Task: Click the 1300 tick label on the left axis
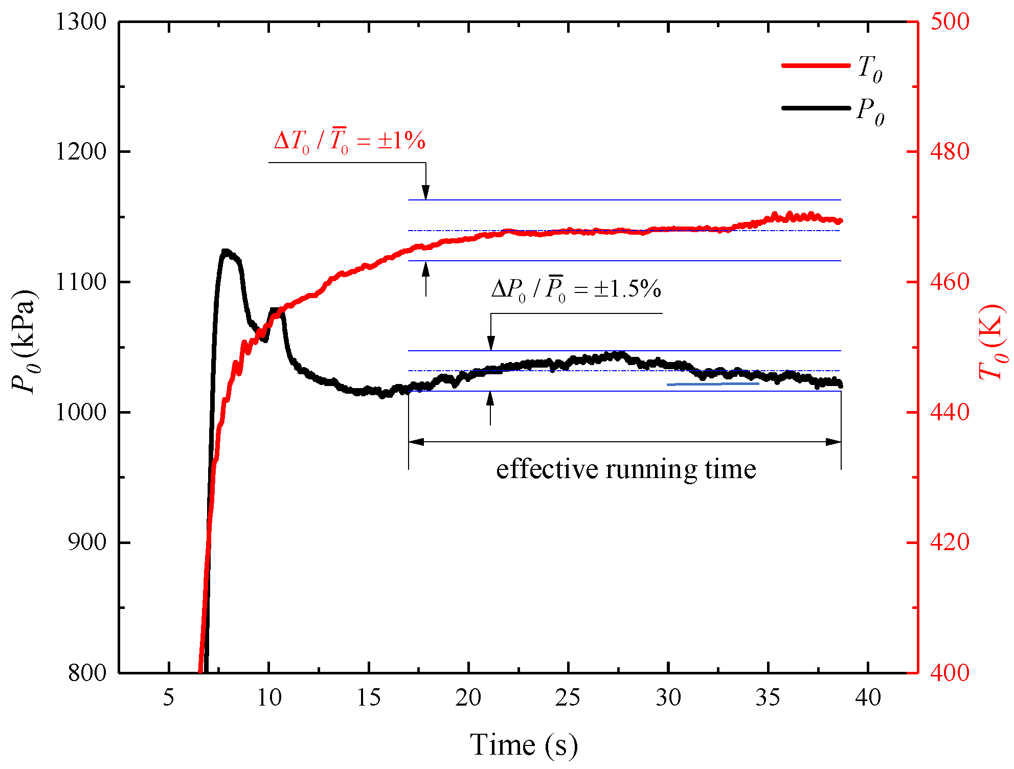pos(81,22)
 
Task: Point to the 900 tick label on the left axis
pos(87,542)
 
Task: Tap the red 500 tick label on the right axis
pos(950,22)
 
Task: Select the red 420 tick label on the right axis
pos(950,542)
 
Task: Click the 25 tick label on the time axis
pos(568,697)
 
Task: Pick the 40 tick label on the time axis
pos(868,697)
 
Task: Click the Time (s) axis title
pos(524,744)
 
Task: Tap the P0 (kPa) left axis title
pos(24,342)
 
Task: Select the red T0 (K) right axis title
pos(992,342)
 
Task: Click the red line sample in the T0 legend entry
pos(816,65)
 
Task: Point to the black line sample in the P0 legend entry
pos(816,108)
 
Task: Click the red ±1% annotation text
pos(349,141)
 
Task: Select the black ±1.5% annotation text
pos(576,289)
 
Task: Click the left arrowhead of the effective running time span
pos(415,442)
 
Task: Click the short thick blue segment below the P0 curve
pos(713,383)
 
